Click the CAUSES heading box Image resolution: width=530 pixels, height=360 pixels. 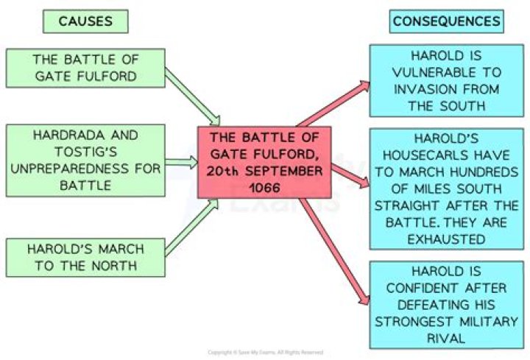pyautogui.click(x=85, y=21)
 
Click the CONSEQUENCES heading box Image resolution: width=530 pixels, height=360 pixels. pyautogui.click(x=447, y=21)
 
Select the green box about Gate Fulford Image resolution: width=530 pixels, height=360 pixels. pyautogui.click(x=85, y=68)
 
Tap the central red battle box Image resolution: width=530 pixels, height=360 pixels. pyautogui.click(x=264, y=162)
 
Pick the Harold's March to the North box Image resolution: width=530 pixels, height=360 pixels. pyautogui.click(x=85, y=258)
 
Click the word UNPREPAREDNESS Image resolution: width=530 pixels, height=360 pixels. pyautogui.click(x=70, y=169)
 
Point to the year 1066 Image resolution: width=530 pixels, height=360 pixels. pyautogui.click(x=265, y=188)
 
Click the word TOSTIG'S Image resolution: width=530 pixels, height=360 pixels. pyautogui.click(x=86, y=152)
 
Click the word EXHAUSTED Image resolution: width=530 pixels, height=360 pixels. pyautogui.click(x=446, y=239)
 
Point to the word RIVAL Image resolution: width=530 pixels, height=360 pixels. pyautogui.click(x=446, y=338)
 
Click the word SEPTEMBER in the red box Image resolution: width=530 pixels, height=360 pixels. pyautogui.click(x=284, y=171)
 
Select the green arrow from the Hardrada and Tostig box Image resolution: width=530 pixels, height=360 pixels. pyautogui.click(x=182, y=162)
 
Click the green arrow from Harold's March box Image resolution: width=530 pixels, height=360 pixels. pyautogui.click(x=191, y=227)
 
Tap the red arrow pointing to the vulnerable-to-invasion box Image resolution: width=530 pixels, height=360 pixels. pyautogui.click(x=333, y=104)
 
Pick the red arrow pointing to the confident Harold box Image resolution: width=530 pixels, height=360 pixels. pyautogui.click(x=335, y=252)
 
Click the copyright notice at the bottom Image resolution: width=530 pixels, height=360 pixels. pyautogui.click(x=265, y=353)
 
